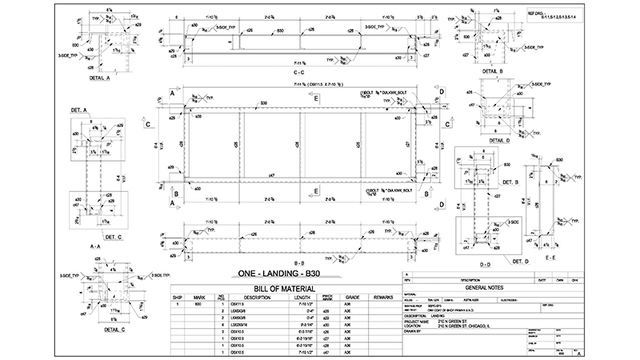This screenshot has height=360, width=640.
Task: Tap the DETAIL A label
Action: (x=97, y=78)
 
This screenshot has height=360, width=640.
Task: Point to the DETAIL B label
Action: (x=489, y=72)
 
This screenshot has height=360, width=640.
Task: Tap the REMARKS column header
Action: (x=384, y=297)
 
